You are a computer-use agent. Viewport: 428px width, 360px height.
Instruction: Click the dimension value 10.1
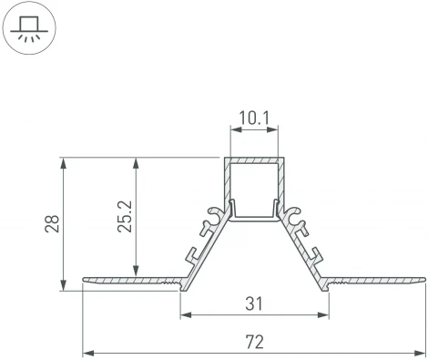[x=255, y=118]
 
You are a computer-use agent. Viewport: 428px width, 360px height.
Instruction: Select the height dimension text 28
[x=52, y=224]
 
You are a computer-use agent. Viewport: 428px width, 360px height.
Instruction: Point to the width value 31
[x=255, y=301]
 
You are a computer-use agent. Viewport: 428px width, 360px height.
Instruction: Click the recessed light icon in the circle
[x=29, y=29]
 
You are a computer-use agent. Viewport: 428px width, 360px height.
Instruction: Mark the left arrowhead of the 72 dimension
[x=87, y=352]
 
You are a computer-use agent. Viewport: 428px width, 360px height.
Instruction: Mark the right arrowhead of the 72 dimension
[x=421, y=352]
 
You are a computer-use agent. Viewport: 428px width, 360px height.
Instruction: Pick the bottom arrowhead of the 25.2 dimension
[x=137, y=273]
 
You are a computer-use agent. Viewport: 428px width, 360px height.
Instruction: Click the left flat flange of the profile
[x=127, y=279]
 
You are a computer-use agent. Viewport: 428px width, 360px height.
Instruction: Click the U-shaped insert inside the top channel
[x=255, y=216]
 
